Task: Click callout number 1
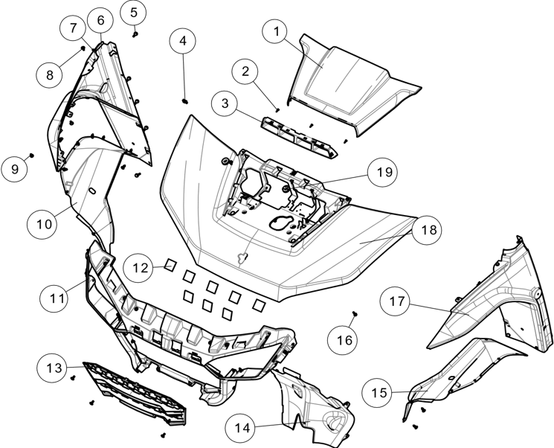tap(276, 31)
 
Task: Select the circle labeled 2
tap(245, 71)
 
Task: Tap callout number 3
tap(225, 103)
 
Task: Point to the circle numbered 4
tap(182, 40)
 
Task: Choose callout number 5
tap(133, 13)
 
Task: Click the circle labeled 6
tap(100, 20)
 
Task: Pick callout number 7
tap(73, 29)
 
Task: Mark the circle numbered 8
tap(49, 75)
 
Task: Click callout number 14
tap(240, 428)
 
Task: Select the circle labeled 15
tap(378, 392)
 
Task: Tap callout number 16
tap(343, 340)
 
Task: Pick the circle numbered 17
tap(395, 301)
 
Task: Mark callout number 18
tap(427, 230)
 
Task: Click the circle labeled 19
tap(383, 173)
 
